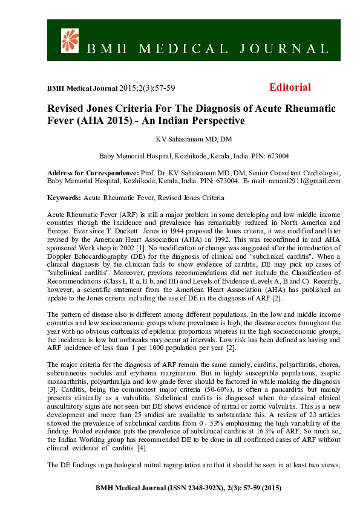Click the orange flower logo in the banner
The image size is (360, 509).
[71, 39]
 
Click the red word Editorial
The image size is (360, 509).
[290, 87]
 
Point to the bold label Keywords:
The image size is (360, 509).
[64, 198]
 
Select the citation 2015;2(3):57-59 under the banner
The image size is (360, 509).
[147, 88]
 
